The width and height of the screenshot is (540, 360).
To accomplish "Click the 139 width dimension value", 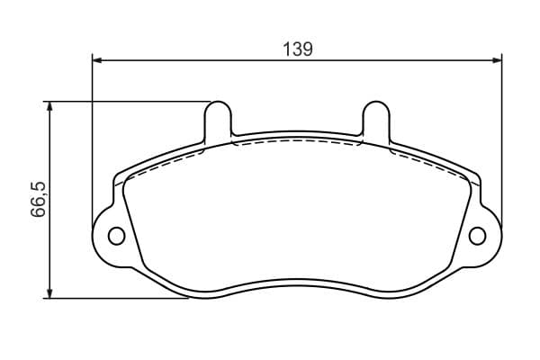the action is click(x=298, y=49).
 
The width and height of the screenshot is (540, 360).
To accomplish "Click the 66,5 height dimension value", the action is click(x=38, y=199).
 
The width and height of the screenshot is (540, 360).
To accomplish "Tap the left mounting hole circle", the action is click(x=116, y=236).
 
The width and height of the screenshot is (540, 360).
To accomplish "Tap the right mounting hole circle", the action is click(x=477, y=236).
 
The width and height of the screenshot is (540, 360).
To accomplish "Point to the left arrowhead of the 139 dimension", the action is click(x=97, y=60).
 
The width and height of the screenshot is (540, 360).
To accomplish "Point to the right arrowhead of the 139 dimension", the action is click(x=497, y=60).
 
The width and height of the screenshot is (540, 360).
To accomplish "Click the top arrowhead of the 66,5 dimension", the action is click(x=49, y=106).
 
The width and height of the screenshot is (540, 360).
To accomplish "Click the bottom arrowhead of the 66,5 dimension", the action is click(x=49, y=293).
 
